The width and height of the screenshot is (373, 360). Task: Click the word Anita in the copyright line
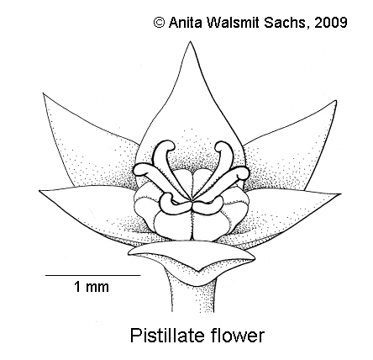185,23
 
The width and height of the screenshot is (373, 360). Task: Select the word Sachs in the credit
286,23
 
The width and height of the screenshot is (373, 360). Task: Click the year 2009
331,23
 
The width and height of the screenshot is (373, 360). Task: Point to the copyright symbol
159,23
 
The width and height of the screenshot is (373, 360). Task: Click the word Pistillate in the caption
168,336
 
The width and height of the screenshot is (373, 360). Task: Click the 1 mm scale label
92,287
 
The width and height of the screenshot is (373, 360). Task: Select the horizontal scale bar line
93,275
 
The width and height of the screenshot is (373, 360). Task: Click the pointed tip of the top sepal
191,41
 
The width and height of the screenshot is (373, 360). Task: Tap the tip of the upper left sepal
43,93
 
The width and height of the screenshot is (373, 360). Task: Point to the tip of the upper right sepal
336,101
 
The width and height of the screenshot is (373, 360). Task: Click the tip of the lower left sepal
39,191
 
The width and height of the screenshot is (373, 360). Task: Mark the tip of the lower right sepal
341,193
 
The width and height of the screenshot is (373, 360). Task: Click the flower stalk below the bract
192,297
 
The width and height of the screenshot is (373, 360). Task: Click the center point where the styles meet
192,201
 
